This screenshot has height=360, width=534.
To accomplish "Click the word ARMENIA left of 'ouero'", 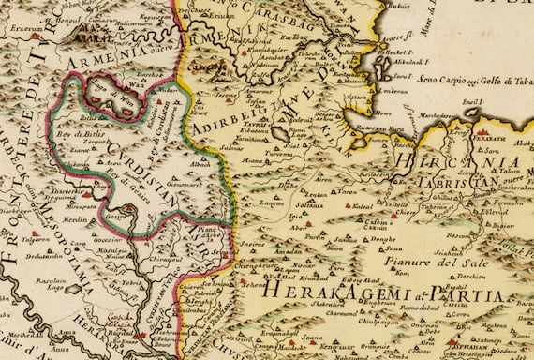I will tap(105, 63).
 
